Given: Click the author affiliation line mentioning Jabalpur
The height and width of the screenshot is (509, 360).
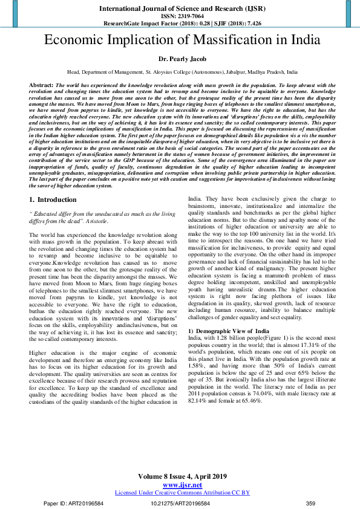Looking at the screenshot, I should click(x=180, y=71).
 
